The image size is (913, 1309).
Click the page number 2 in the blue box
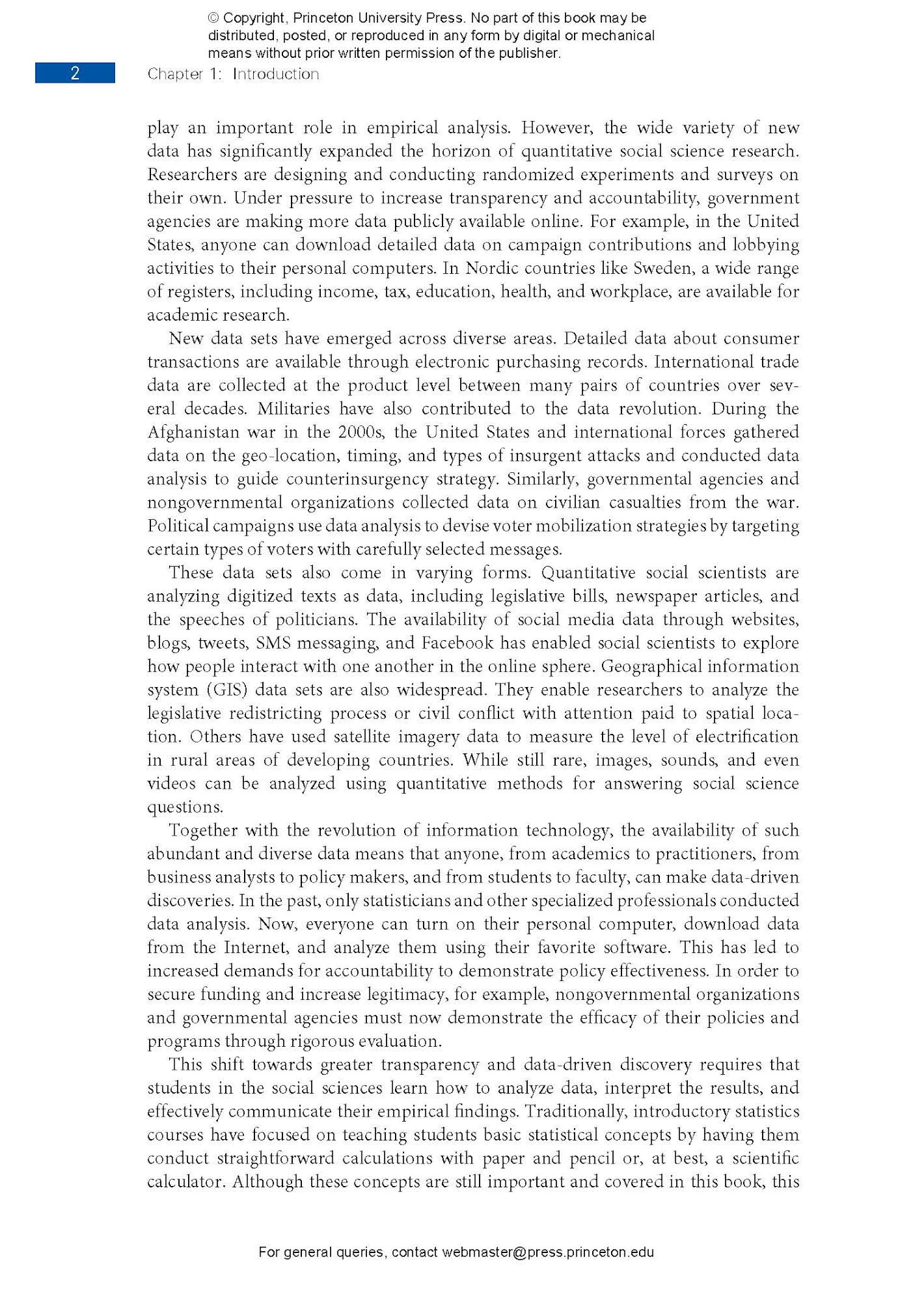[x=75, y=74]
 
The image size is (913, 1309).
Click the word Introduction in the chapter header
[x=276, y=74]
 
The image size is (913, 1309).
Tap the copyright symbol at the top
[x=213, y=18]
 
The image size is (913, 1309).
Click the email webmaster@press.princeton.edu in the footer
[x=548, y=1252]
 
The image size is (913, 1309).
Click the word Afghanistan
[x=194, y=433]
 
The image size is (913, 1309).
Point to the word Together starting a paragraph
[x=204, y=831]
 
